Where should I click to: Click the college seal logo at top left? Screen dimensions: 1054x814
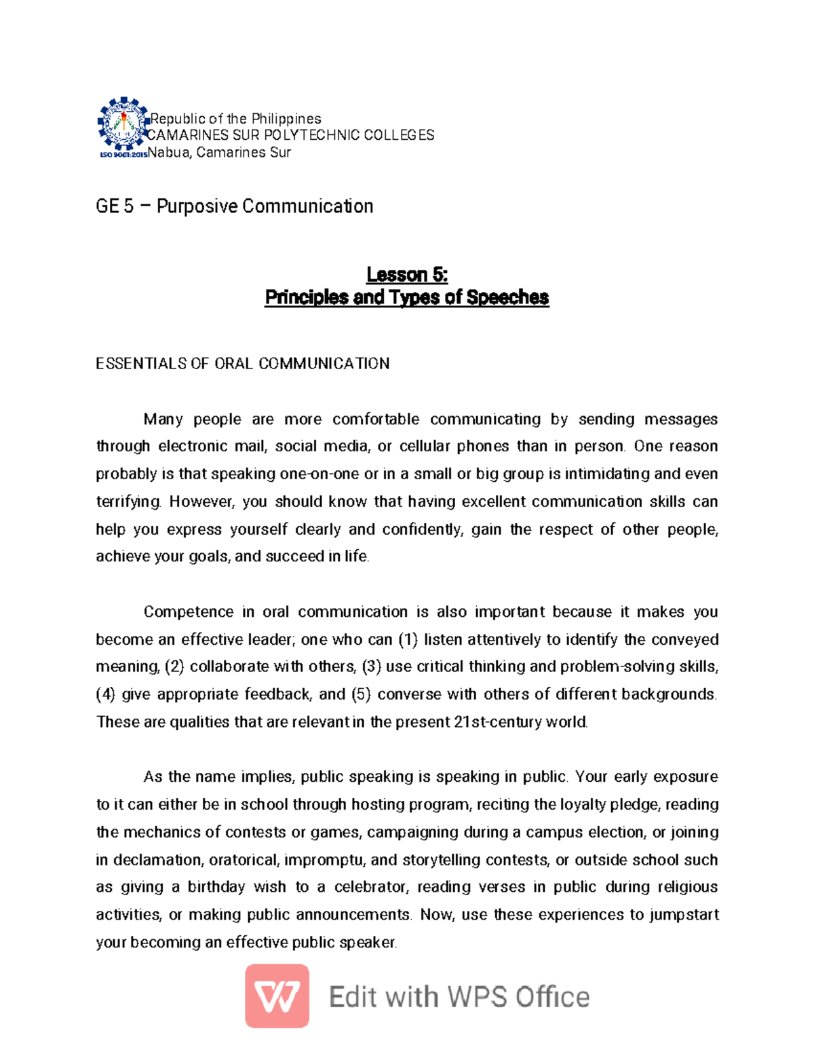tap(123, 124)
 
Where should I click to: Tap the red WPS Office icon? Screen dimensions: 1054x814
tap(277, 996)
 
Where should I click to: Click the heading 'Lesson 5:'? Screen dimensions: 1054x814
tap(407, 275)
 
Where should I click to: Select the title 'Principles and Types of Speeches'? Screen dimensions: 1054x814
tap(407, 297)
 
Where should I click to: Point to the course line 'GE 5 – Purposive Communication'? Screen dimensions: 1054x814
tap(235, 206)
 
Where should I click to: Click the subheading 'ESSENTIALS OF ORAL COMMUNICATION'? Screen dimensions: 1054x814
tap(243, 364)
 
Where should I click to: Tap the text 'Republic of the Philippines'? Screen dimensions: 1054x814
tap(235, 119)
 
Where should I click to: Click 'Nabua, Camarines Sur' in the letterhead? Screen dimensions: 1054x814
tap(219, 153)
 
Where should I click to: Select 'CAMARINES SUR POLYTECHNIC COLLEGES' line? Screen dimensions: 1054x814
tap(291, 135)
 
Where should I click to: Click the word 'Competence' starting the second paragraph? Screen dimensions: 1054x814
tap(189, 612)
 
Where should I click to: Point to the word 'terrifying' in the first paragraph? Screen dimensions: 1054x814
tap(128, 502)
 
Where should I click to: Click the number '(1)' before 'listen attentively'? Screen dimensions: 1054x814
tap(408, 639)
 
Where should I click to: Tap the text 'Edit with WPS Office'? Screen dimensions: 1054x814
tap(459, 997)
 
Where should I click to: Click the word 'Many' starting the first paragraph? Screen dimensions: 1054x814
tap(163, 419)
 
